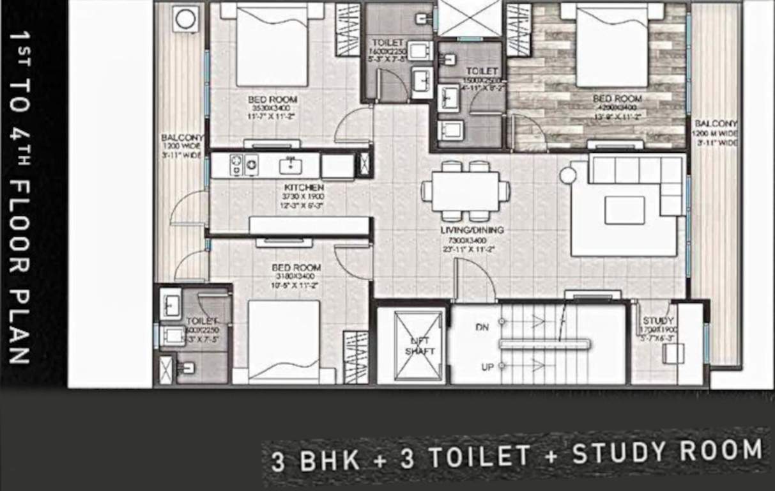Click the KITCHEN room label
(295, 188)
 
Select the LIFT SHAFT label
(418, 347)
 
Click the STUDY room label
(658, 321)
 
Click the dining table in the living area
(464, 191)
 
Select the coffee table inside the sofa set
(624, 210)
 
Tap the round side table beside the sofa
(568, 175)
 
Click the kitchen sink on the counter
(291, 166)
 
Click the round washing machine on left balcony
(186, 19)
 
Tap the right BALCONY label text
(716, 123)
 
